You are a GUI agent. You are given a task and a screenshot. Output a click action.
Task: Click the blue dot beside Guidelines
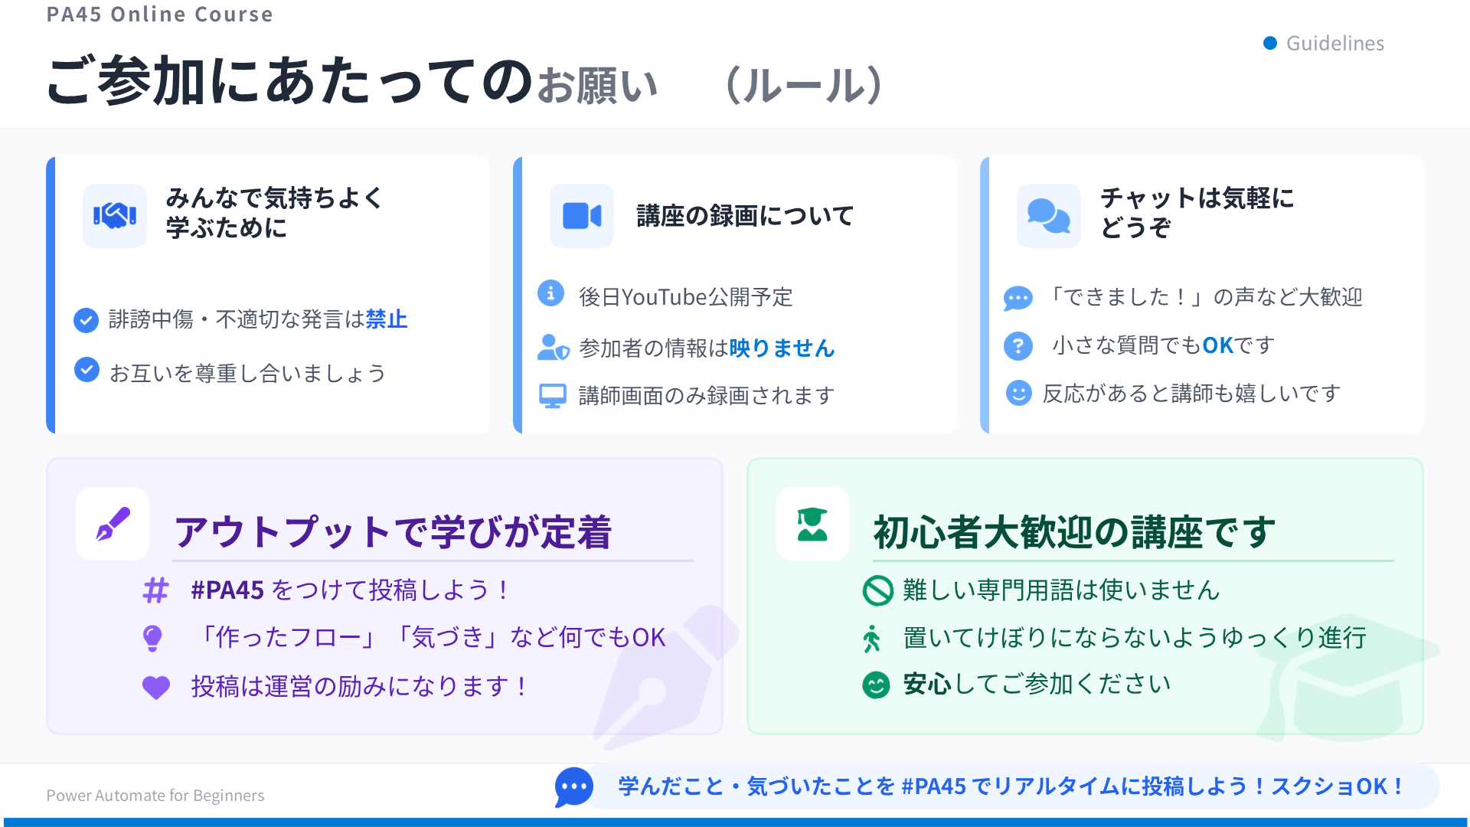click(x=1270, y=43)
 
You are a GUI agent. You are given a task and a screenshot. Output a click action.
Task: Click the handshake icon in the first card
click(x=115, y=216)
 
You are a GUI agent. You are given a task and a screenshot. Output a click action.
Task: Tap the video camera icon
click(x=582, y=216)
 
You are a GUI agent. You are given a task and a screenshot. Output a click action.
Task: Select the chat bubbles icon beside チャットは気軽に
click(x=1048, y=216)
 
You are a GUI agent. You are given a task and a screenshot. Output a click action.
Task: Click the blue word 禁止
click(x=387, y=319)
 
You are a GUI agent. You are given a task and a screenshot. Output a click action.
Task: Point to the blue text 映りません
click(x=782, y=348)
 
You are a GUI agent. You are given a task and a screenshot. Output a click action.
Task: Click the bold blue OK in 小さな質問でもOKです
click(x=1218, y=345)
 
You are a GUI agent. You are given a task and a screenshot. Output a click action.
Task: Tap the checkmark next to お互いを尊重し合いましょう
click(x=87, y=370)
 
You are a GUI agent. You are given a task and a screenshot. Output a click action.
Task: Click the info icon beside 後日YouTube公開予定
click(x=550, y=293)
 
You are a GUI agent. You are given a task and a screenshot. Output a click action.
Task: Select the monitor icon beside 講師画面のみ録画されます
click(x=552, y=395)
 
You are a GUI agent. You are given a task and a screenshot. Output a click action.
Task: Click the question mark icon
click(x=1018, y=346)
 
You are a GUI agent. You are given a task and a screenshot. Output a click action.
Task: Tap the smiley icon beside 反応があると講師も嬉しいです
click(x=1018, y=393)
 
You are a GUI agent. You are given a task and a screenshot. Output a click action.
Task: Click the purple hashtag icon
click(x=156, y=590)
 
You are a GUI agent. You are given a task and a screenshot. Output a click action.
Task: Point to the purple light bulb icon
click(x=153, y=638)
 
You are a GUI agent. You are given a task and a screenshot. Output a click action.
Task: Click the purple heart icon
click(x=156, y=687)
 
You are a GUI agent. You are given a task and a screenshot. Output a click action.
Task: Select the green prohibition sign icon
click(x=877, y=590)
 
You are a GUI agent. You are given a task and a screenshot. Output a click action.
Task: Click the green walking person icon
click(x=872, y=638)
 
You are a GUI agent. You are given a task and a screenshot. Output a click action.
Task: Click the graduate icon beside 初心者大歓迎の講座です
click(x=812, y=525)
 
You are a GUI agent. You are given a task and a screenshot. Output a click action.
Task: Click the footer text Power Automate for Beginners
click(x=155, y=796)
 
